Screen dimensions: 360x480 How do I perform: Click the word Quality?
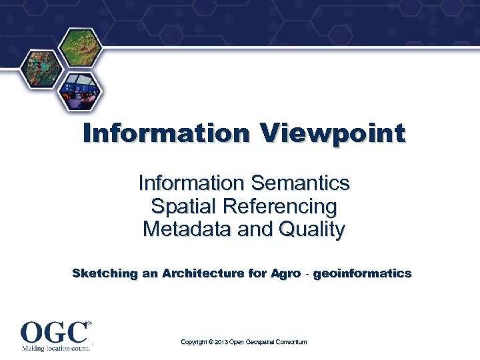pyautogui.click(x=313, y=229)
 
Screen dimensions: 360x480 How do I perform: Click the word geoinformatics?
pyautogui.click(x=362, y=273)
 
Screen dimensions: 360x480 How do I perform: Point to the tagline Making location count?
pyautogui.click(x=56, y=347)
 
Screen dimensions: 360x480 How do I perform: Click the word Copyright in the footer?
pyautogui.click(x=193, y=342)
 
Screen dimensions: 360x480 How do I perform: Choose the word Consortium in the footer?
pyautogui.click(x=293, y=342)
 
